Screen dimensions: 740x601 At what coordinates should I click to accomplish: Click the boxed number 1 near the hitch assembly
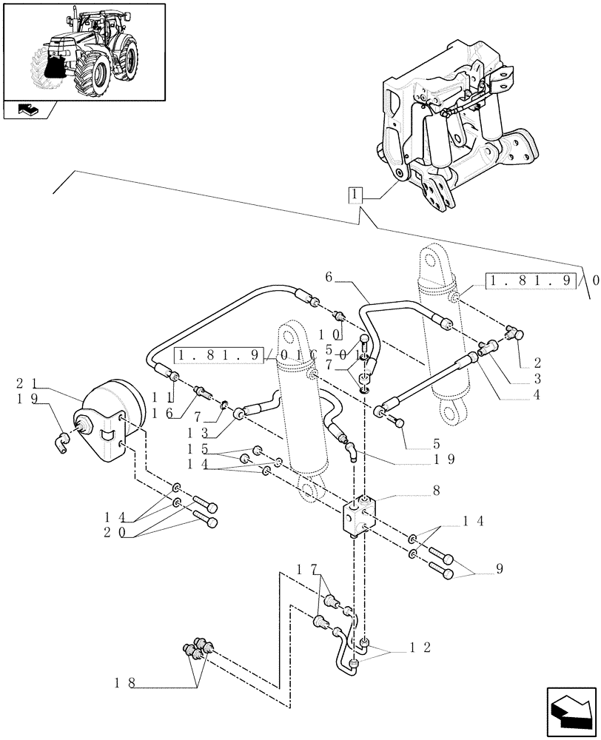[356, 196]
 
